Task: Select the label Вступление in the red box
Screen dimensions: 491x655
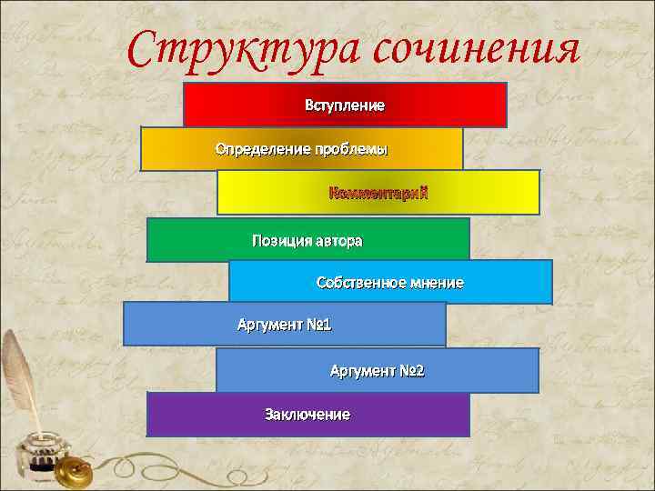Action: tap(345, 105)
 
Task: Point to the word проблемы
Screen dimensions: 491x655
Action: tap(351, 148)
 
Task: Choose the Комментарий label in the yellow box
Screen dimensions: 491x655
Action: tap(378, 193)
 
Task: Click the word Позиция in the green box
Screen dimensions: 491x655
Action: tap(281, 241)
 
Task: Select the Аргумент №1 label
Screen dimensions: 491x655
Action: tap(285, 325)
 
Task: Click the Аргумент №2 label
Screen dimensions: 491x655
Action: tap(377, 371)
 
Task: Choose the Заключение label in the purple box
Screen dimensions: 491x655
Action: tap(307, 415)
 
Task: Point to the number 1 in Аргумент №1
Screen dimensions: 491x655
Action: tap(327, 325)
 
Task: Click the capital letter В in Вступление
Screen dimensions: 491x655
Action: tap(309, 105)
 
